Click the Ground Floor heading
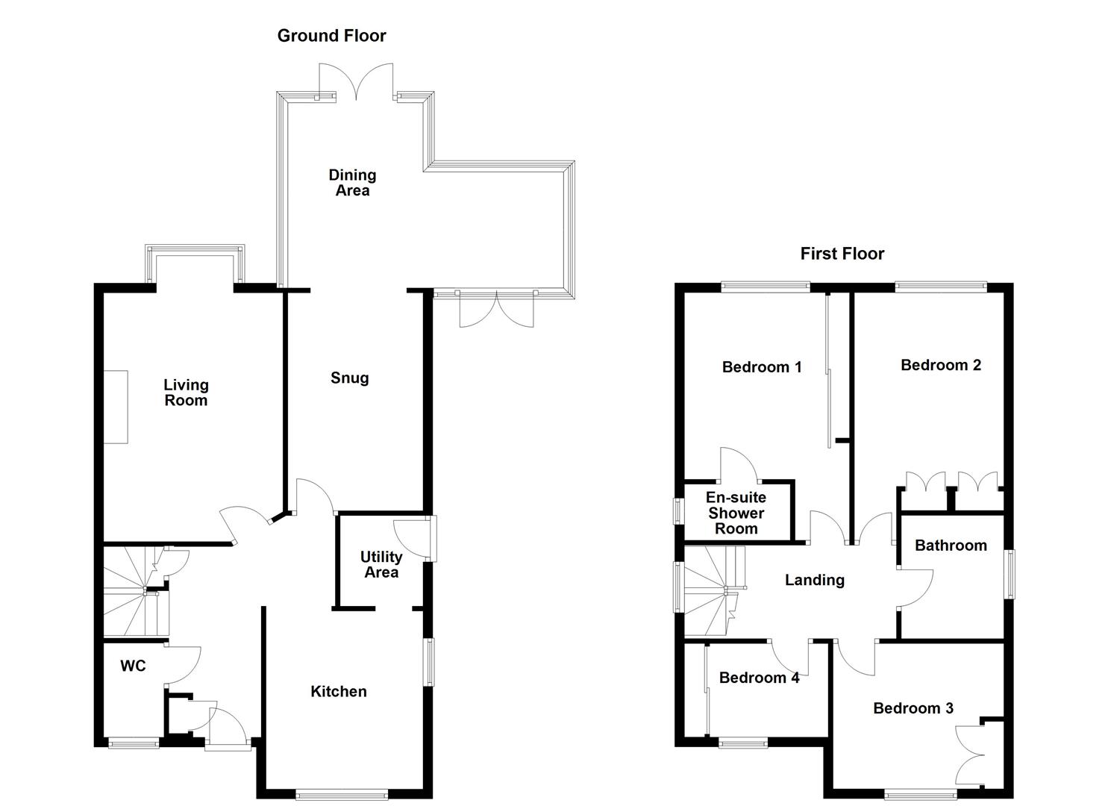point(331,36)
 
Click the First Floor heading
point(842,254)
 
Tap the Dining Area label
point(352,183)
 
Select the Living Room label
point(186,393)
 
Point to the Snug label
point(349,378)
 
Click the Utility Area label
point(381,565)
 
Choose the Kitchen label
point(339,692)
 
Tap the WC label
point(134,666)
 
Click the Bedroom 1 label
point(762,367)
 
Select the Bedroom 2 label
point(940,365)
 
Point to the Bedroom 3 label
point(913,708)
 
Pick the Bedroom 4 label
point(759,678)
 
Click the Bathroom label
point(951,546)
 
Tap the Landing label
point(814,580)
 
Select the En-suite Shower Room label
point(736,513)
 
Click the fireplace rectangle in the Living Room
point(116,407)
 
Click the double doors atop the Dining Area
point(357,81)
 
